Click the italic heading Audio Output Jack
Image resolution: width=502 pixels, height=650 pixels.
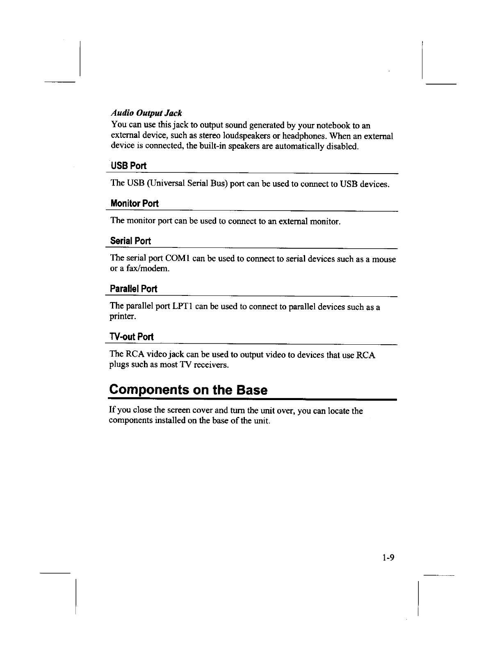146,113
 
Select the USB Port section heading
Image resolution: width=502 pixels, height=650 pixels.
128,166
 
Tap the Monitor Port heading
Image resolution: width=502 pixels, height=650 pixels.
135,204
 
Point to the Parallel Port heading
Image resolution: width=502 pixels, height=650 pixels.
133,289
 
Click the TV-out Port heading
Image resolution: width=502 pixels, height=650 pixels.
131,337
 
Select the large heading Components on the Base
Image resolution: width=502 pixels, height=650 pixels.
188,389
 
